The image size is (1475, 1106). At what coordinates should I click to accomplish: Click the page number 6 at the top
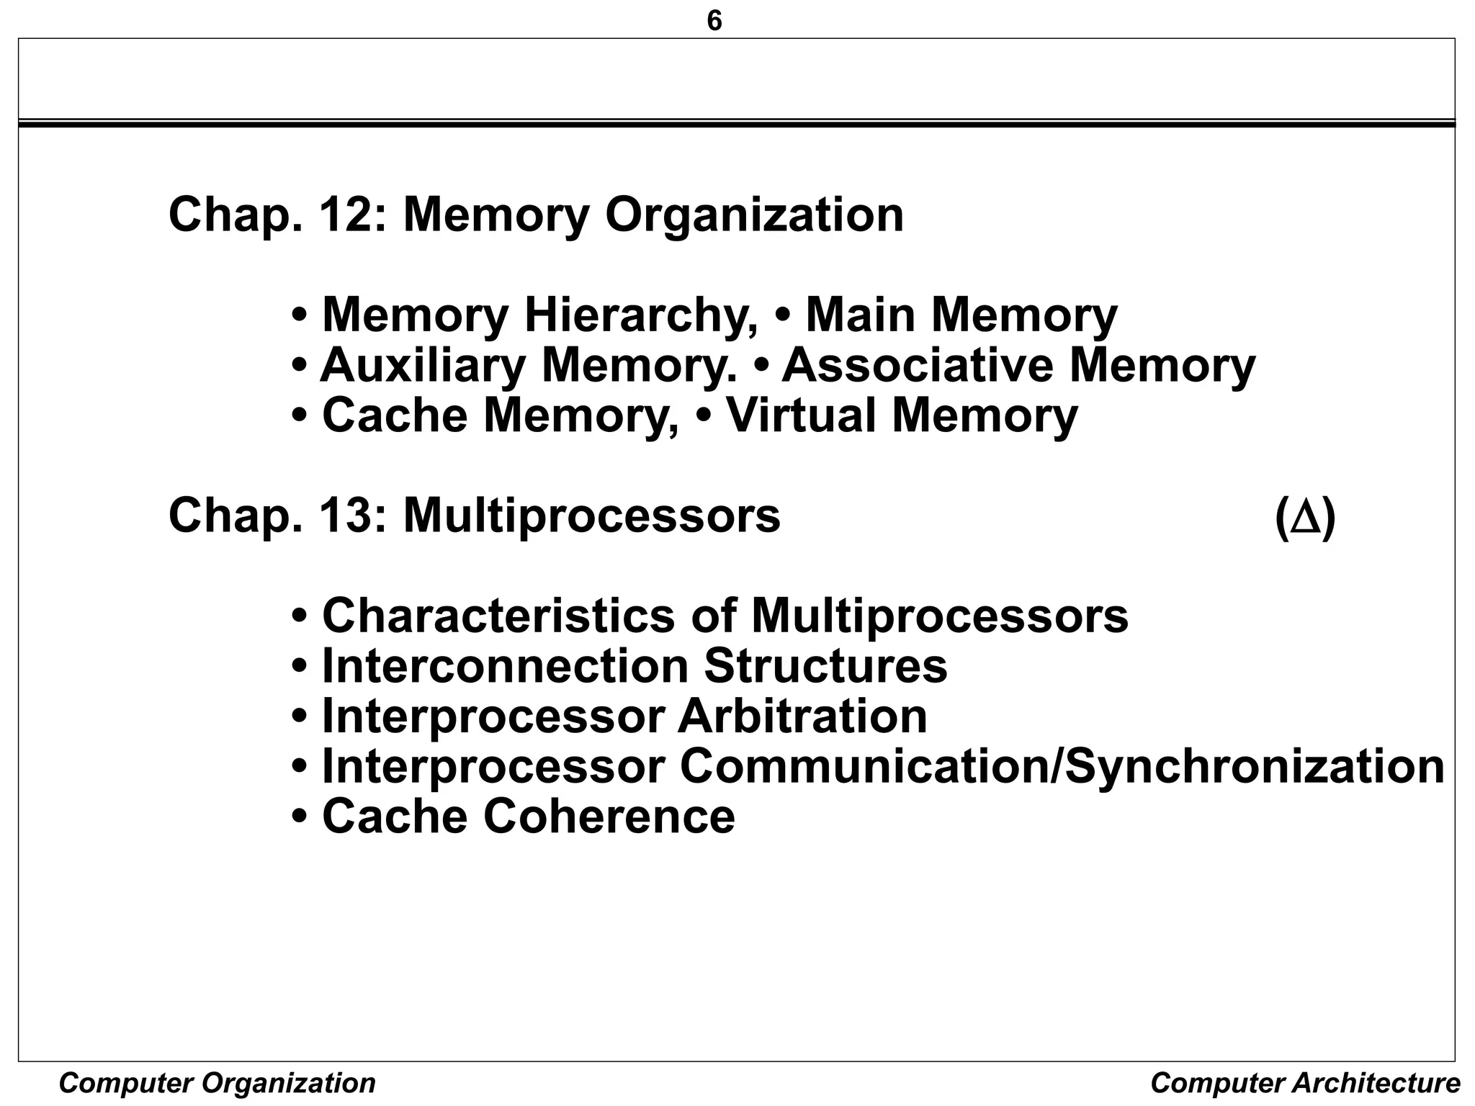[x=714, y=22]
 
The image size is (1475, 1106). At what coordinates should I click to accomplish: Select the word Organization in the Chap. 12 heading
[x=754, y=216]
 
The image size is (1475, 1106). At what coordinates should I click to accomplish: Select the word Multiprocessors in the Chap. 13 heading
[x=591, y=517]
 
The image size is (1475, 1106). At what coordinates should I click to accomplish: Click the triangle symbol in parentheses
[x=1305, y=518]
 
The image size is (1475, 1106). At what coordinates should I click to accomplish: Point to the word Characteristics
[x=499, y=616]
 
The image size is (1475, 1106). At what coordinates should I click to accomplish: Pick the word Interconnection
[x=505, y=666]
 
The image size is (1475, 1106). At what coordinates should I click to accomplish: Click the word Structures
[x=825, y=666]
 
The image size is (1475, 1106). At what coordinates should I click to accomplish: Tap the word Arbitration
[x=802, y=716]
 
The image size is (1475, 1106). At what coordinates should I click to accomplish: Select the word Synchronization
[x=1254, y=768]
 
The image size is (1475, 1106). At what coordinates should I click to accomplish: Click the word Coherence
[x=609, y=817]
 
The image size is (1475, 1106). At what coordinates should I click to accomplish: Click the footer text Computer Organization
[x=217, y=1083]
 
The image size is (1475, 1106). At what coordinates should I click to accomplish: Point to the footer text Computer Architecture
[x=1305, y=1083]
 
